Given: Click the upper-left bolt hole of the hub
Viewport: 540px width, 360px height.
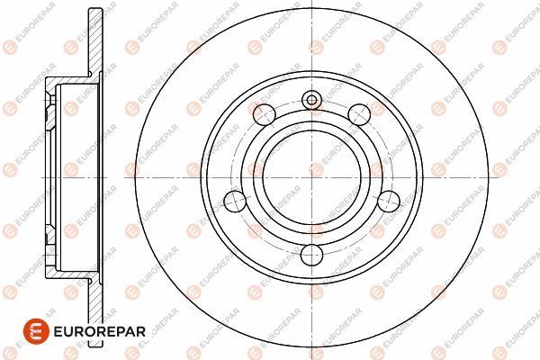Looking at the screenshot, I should tap(265, 113).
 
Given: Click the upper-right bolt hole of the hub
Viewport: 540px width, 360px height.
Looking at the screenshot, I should tap(358, 113).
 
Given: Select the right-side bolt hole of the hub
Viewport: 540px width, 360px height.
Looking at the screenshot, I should tap(388, 200).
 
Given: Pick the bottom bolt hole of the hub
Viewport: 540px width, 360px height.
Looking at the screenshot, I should tap(311, 255).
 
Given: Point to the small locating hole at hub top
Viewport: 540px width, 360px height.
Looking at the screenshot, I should tap(311, 100).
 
